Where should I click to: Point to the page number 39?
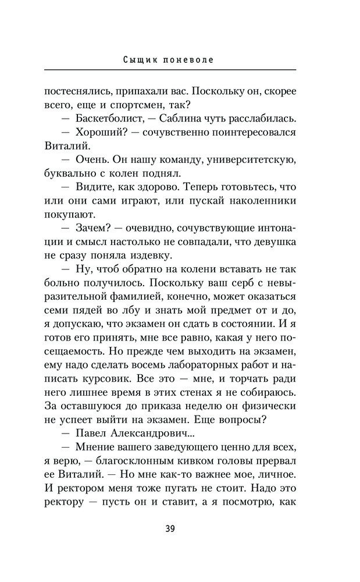pos(170,529)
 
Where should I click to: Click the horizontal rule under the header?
pos(169,70)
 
